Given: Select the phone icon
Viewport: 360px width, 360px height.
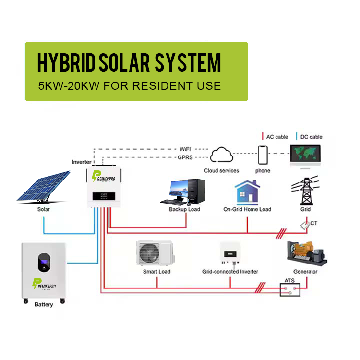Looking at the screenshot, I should click(263, 155).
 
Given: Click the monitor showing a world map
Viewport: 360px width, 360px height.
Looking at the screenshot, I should click(306, 156).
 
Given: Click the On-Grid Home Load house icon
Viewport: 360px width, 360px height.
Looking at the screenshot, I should click(247, 192).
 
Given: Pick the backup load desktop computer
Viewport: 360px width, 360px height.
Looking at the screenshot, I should click(184, 192).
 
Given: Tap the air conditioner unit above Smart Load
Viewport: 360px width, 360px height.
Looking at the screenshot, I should click(156, 253).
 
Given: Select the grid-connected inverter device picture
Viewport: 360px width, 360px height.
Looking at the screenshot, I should click(230, 253).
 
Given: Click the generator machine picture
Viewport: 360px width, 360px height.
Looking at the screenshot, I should click(306, 253).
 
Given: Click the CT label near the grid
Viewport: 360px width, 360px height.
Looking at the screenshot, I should click(313, 223).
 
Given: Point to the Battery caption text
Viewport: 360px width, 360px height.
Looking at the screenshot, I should click(44, 305).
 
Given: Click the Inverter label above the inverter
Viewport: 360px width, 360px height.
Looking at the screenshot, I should click(82, 162).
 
